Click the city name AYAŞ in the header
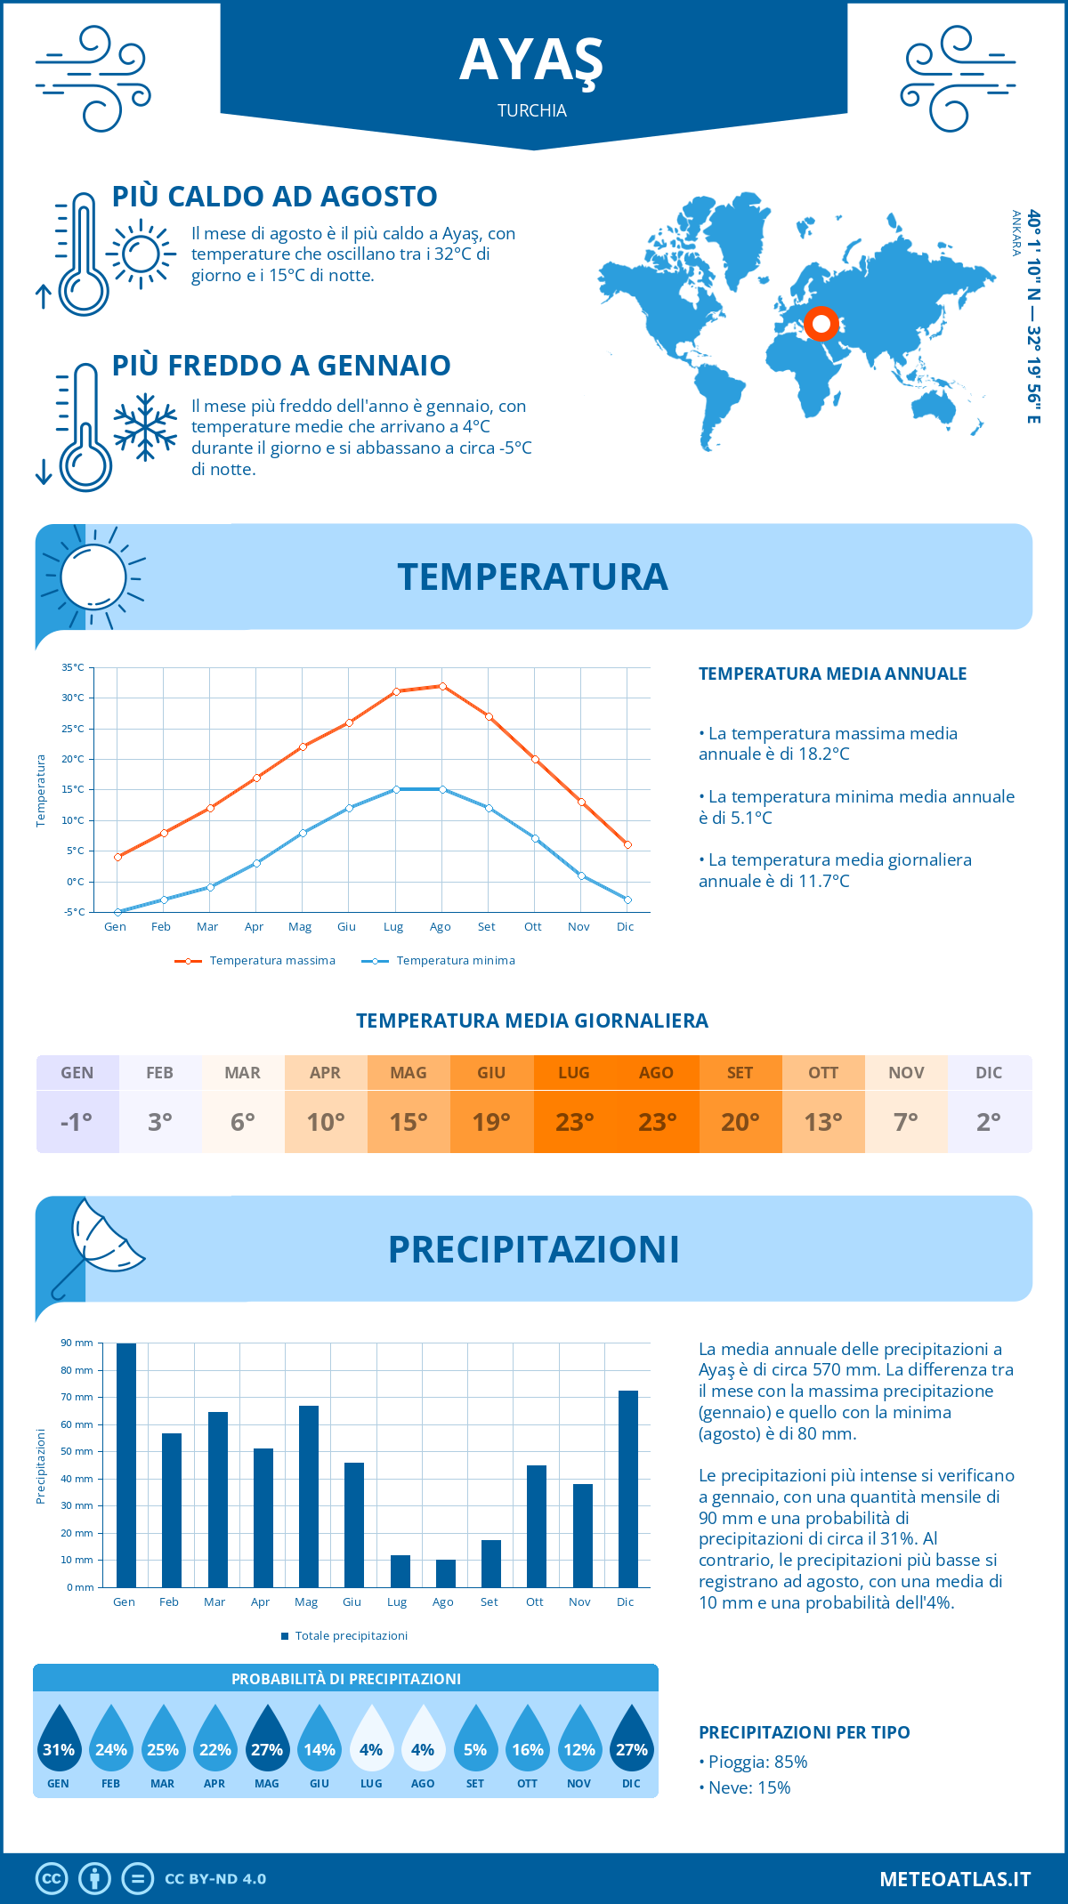[x=531, y=61]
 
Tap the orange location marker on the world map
[x=821, y=323]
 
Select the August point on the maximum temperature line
[x=442, y=686]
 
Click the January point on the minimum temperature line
[x=117, y=912]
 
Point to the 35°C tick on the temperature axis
[x=73, y=667]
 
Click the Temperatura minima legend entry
[x=438, y=961]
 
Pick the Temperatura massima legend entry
[x=255, y=961]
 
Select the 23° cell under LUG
[x=574, y=1122]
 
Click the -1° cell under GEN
[x=77, y=1122]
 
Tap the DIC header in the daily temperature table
[x=989, y=1073]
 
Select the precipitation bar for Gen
[x=126, y=1465]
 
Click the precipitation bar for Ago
[x=445, y=1573]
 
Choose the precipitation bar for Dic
[x=627, y=1489]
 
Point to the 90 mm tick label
[x=77, y=1343]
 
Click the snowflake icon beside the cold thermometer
[x=145, y=426]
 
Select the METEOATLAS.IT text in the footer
[x=954, y=1879]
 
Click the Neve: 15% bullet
[x=748, y=1787]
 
